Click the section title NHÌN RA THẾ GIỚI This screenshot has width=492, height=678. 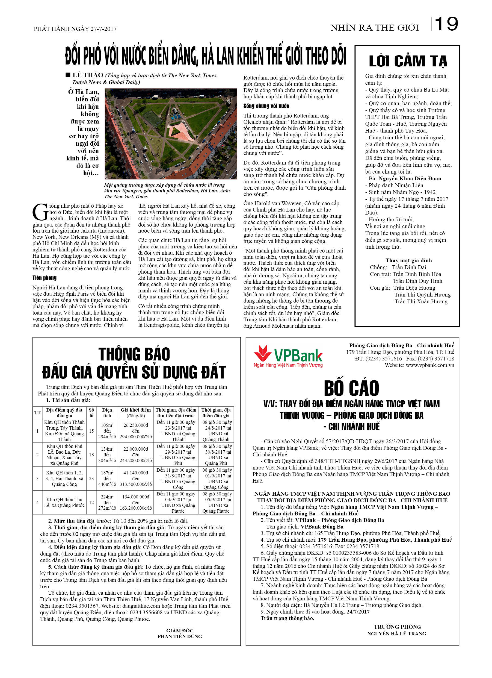374,28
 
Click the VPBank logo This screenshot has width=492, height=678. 288,356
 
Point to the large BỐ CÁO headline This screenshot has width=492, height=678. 351,388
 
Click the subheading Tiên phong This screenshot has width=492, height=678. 45,278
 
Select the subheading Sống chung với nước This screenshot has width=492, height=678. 266,106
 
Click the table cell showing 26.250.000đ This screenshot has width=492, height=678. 136,425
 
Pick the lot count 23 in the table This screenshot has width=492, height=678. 91,479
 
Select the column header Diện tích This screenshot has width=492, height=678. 107,413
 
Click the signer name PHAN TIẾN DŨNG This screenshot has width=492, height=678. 180,636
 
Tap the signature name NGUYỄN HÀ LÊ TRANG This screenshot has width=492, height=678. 396,633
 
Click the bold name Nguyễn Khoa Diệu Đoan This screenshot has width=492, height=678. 410,178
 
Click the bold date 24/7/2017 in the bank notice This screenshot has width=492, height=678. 358,612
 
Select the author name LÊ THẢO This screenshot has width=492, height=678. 88,75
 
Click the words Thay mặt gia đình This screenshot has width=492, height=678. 408,260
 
